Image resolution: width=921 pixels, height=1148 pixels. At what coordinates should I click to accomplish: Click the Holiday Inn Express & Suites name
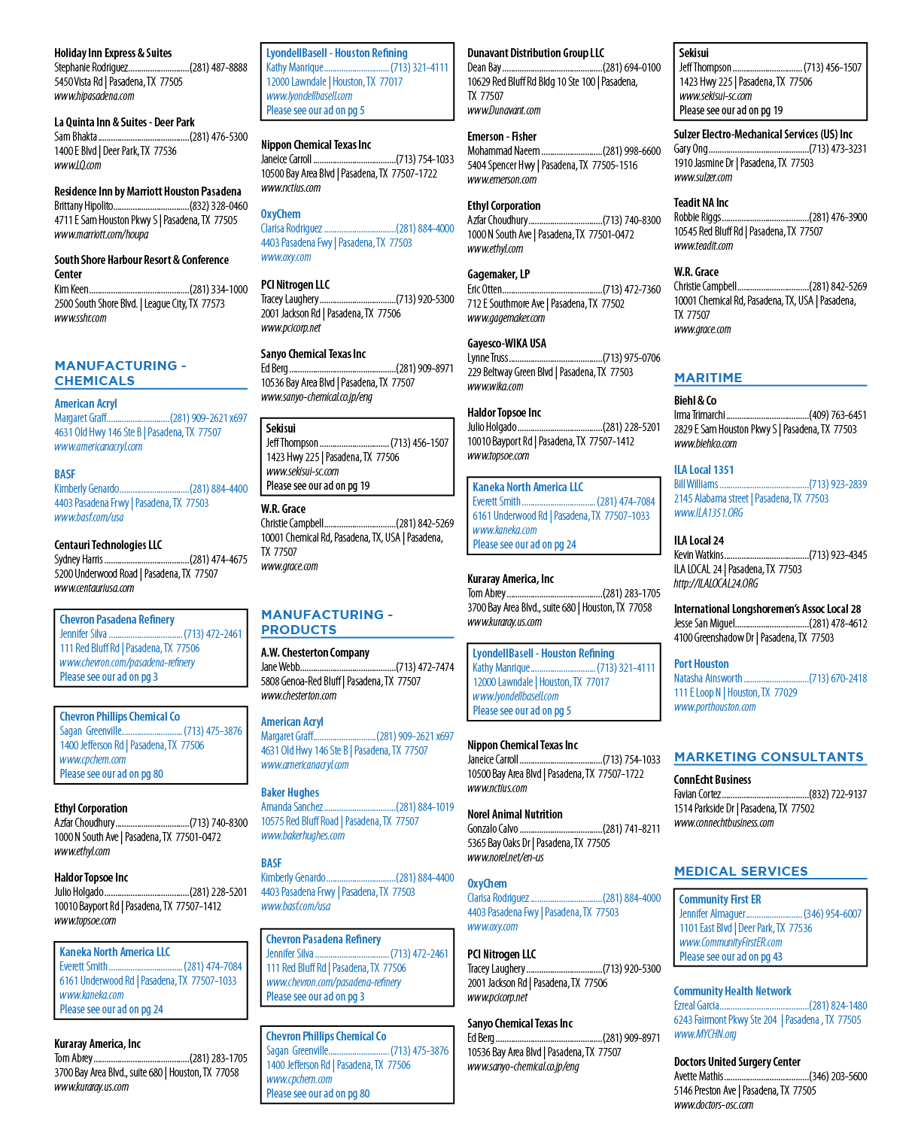(x=113, y=53)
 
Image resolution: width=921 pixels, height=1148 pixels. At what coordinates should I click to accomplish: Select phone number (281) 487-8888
(x=219, y=67)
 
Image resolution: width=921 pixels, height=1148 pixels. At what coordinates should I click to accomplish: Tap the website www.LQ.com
(x=78, y=166)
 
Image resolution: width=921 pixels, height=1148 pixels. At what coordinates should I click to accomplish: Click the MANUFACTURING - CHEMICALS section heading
(x=120, y=373)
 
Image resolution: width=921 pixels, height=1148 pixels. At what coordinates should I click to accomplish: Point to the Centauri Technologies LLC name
(x=108, y=545)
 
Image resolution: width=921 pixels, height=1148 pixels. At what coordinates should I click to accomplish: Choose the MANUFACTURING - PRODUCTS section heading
(x=327, y=622)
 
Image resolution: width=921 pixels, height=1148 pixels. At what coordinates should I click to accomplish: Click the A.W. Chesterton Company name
(x=315, y=652)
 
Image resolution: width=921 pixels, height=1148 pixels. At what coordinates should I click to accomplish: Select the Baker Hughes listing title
(x=290, y=792)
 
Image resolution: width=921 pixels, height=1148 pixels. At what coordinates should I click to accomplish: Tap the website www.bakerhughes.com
(x=302, y=835)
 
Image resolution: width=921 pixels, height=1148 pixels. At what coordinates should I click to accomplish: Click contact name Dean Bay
(x=484, y=67)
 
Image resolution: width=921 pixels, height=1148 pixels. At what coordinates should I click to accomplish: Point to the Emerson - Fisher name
(x=502, y=137)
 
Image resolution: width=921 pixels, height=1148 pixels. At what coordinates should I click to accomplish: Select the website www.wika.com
(x=495, y=386)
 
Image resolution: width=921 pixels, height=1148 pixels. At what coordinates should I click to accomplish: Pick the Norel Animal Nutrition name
(x=515, y=814)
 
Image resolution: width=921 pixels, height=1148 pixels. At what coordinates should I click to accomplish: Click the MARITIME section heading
(x=708, y=378)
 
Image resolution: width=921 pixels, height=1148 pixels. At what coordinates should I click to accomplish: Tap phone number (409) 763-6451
(x=837, y=415)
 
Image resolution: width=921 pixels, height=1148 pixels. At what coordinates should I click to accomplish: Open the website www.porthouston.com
(x=715, y=707)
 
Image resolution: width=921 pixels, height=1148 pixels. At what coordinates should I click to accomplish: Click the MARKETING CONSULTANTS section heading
(x=768, y=757)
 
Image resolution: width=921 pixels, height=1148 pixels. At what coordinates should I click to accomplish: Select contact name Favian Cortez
(x=697, y=794)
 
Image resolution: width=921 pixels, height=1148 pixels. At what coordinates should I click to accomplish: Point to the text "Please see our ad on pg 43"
(x=731, y=956)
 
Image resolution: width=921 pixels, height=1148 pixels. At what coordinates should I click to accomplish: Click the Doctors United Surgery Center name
(x=737, y=1061)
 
